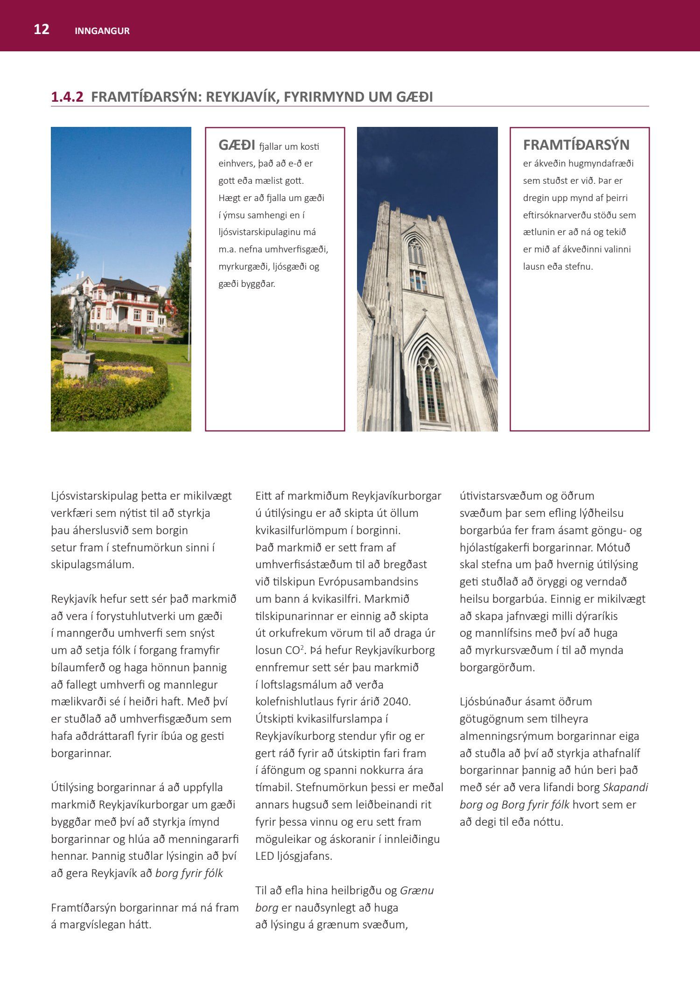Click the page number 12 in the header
coord(42,29)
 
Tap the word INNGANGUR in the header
coord(102,31)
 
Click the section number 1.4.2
coord(67,97)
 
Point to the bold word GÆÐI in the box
coord(237,146)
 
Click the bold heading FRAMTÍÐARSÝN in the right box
coord(576,145)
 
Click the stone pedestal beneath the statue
coord(78,364)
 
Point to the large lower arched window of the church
coord(430,385)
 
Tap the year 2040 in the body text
coord(396,702)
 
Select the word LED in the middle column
coord(264,856)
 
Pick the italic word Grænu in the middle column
coord(417,890)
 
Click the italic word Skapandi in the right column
coord(625,787)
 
